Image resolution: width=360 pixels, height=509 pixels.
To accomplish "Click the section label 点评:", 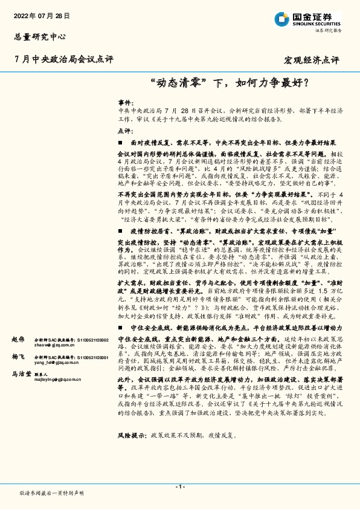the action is [x=124, y=131].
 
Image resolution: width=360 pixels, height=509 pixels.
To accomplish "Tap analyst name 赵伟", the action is [x=19, y=340].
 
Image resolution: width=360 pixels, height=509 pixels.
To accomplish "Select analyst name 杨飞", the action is [x=19, y=358].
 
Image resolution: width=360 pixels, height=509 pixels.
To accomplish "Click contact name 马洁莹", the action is [x=22, y=375].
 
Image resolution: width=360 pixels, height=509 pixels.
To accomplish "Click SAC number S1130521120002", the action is [x=91, y=341].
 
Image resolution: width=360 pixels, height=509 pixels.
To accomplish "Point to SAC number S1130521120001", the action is [x=91, y=358].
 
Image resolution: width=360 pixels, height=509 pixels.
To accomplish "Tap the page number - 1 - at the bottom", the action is [x=180, y=487].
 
